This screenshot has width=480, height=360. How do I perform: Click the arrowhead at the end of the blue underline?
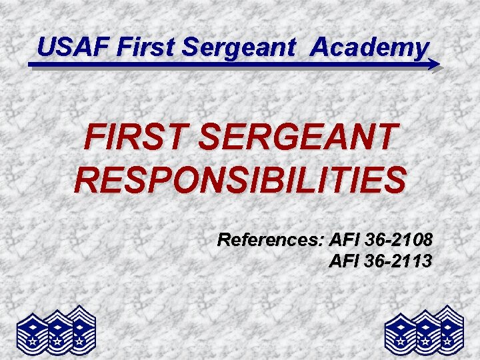(434, 65)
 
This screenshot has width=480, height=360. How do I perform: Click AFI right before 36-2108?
(345, 239)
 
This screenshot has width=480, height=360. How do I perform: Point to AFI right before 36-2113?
(345, 260)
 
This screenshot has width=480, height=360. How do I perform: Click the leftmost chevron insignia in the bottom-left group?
(33, 331)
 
